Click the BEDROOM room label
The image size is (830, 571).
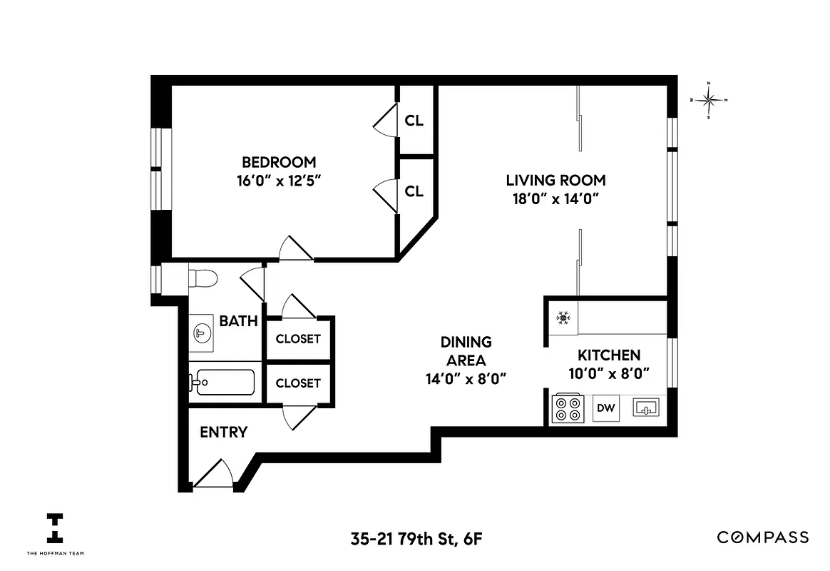pyautogui.click(x=278, y=162)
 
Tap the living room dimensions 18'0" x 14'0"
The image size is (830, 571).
pyautogui.click(x=555, y=198)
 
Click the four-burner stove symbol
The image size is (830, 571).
pyautogui.click(x=568, y=409)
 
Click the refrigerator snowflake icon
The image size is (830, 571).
pyautogui.click(x=563, y=317)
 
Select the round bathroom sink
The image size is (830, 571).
pyautogui.click(x=202, y=332)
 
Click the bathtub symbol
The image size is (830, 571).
pyautogui.click(x=222, y=383)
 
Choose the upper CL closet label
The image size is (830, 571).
pyautogui.click(x=414, y=121)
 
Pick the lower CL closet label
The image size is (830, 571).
pyautogui.click(x=414, y=191)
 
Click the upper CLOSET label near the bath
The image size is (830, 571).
pyautogui.click(x=298, y=339)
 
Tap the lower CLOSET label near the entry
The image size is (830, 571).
pyautogui.click(x=298, y=383)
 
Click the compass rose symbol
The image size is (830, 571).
pyautogui.click(x=709, y=101)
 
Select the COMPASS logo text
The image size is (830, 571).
pyautogui.click(x=762, y=537)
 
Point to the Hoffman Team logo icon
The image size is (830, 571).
pyautogui.click(x=55, y=529)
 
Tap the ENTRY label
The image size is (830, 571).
pyautogui.click(x=223, y=432)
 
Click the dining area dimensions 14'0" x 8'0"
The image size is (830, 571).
pyautogui.click(x=466, y=378)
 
